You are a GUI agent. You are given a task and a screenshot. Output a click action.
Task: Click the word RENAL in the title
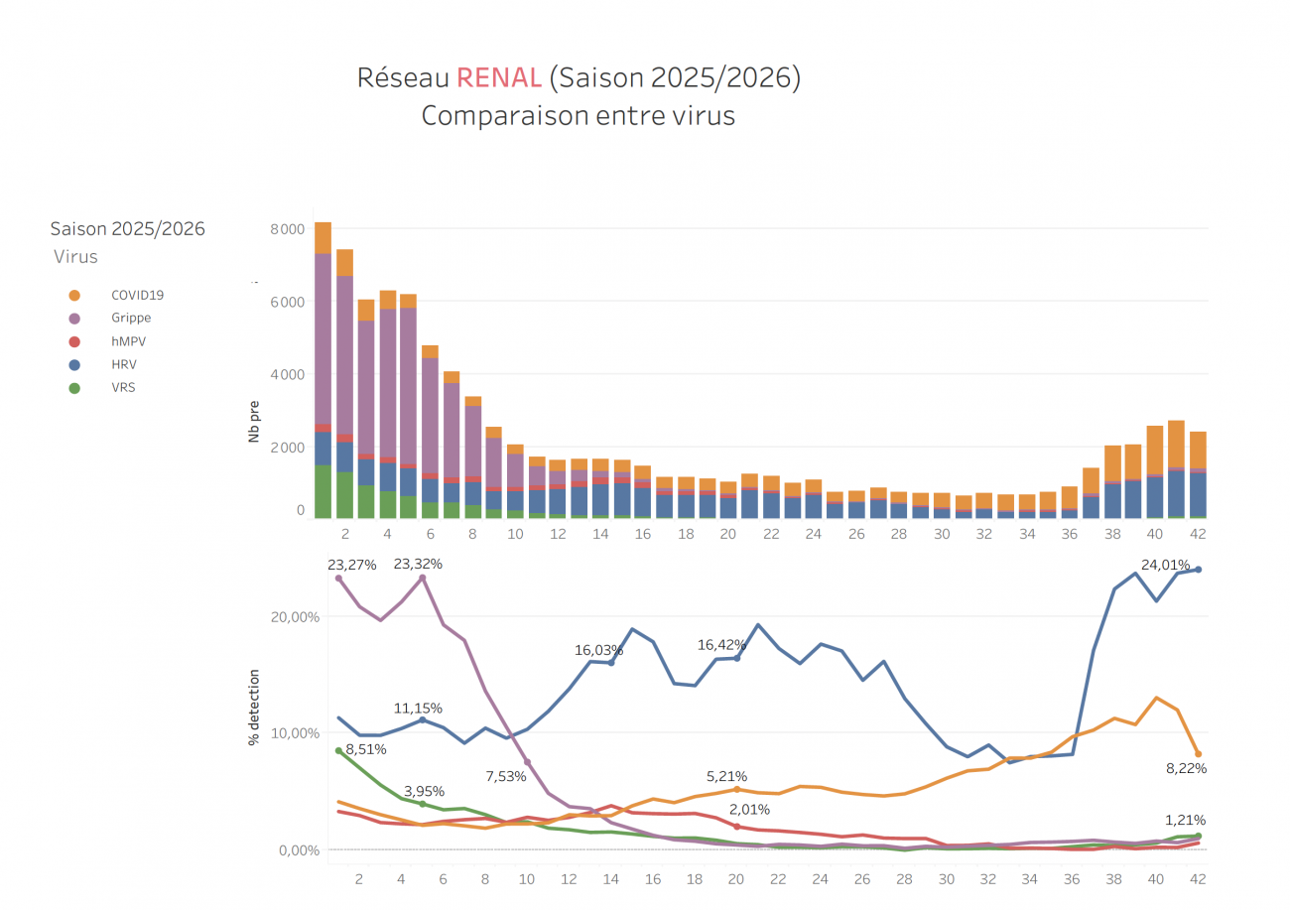pos(499,79)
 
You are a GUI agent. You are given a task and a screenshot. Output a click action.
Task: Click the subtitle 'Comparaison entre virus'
pos(578,115)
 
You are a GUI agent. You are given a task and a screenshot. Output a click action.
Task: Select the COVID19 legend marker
pos(74,295)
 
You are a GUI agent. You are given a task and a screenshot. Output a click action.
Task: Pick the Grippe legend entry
pos(131,318)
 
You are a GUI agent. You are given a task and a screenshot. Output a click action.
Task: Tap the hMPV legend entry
pos(129,341)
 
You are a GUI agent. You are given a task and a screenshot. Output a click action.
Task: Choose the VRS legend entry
pos(123,387)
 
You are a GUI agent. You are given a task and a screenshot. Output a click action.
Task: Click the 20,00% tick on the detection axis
pos(296,616)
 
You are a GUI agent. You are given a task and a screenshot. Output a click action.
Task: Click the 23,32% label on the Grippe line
pos(418,564)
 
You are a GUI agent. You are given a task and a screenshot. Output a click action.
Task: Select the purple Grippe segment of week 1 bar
pos(322,338)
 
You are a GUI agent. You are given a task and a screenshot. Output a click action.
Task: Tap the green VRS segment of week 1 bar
pos(322,491)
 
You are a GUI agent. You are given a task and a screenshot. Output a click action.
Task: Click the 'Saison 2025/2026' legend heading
pos(128,229)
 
